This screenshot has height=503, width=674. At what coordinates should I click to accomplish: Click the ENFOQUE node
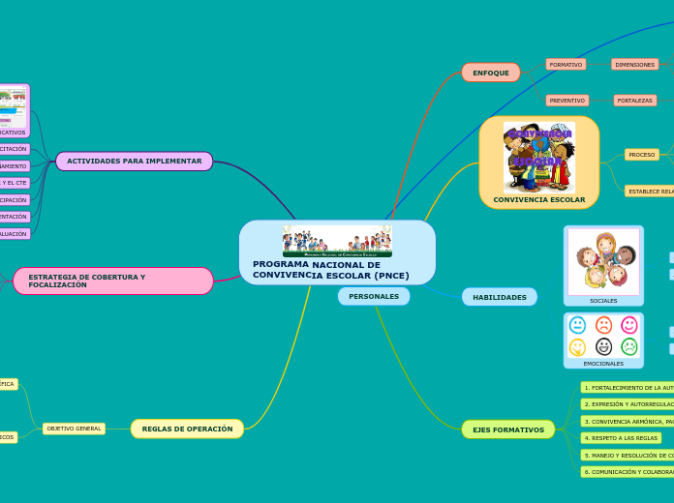(491, 73)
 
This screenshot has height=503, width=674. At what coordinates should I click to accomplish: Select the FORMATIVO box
(567, 65)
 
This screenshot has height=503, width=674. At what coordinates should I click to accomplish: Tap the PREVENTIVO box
(567, 101)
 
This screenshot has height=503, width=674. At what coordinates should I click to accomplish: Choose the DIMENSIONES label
(635, 65)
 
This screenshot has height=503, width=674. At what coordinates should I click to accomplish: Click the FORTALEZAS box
(635, 101)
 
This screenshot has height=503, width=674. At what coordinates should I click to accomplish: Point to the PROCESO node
(642, 155)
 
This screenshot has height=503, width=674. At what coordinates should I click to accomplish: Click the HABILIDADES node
(500, 297)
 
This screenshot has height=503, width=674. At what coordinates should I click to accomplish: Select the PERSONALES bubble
(374, 296)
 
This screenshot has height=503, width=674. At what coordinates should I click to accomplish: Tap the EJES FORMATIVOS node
(508, 429)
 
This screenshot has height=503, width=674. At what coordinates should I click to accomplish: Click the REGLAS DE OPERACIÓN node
(187, 429)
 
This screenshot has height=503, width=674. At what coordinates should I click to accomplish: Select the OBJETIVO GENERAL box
(74, 429)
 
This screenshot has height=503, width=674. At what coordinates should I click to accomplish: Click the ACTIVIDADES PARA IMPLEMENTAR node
(134, 161)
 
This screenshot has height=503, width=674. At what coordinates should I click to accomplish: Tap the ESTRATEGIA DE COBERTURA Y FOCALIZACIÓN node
(112, 281)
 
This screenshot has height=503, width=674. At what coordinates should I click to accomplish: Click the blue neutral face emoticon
(578, 325)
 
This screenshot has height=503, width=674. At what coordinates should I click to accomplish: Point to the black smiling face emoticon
(603, 346)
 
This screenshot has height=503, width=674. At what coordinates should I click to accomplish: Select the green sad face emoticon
(629, 346)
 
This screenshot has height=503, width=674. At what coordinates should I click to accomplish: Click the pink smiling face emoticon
(629, 325)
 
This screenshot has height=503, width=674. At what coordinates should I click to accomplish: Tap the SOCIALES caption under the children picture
(603, 301)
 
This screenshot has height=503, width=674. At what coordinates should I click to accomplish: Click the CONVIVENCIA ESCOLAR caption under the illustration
(539, 200)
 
